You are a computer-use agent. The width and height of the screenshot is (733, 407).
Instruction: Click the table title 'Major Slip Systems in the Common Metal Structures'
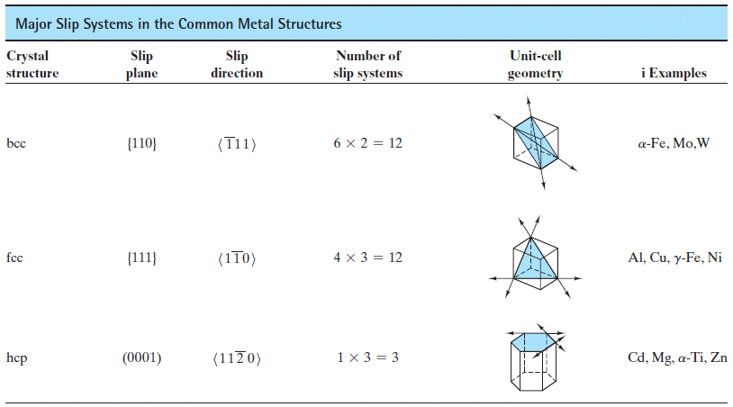pyautogui.click(x=178, y=23)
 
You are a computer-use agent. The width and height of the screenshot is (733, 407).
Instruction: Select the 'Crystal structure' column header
pyautogui.click(x=32, y=64)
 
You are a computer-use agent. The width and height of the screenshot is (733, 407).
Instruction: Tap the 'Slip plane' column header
pyautogui.click(x=142, y=64)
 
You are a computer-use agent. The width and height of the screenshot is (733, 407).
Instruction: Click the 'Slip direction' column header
pyautogui.click(x=237, y=64)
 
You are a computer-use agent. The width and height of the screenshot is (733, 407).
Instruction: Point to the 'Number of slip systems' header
pyautogui.click(x=367, y=64)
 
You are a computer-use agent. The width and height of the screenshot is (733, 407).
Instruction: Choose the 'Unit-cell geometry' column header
pyautogui.click(x=536, y=64)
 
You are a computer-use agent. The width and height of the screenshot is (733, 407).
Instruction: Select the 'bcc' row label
pyautogui.click(x=16, y=144)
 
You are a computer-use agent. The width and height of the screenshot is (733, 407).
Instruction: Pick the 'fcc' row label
pyautogui.click(x=14, y=258)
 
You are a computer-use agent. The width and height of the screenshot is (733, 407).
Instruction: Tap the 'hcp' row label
pyautogui.click(x=16, y=357)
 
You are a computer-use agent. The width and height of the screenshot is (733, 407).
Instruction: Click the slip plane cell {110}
pyautogui.click(x=142, y=144)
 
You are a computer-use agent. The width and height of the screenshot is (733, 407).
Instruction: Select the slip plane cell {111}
pyautogui.click(x=142, y=258)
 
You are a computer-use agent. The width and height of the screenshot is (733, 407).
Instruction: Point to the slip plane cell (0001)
pyautogui.click(x=142, y=357)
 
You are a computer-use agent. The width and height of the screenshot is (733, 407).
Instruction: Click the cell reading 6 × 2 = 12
pyautogui.click(x=367, y=144)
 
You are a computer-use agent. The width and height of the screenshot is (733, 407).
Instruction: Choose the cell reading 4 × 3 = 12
pyautogui.click(x=367, y=258)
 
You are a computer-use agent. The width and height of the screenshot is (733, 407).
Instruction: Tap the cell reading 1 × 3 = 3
pyautogui.click(x=367, y=357)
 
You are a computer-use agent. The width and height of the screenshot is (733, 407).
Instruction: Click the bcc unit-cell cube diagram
pyautogui.click(x=536, y=142)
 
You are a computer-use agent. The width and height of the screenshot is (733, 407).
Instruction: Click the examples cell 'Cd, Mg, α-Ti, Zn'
pyautogui.click(x=677, y=357)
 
